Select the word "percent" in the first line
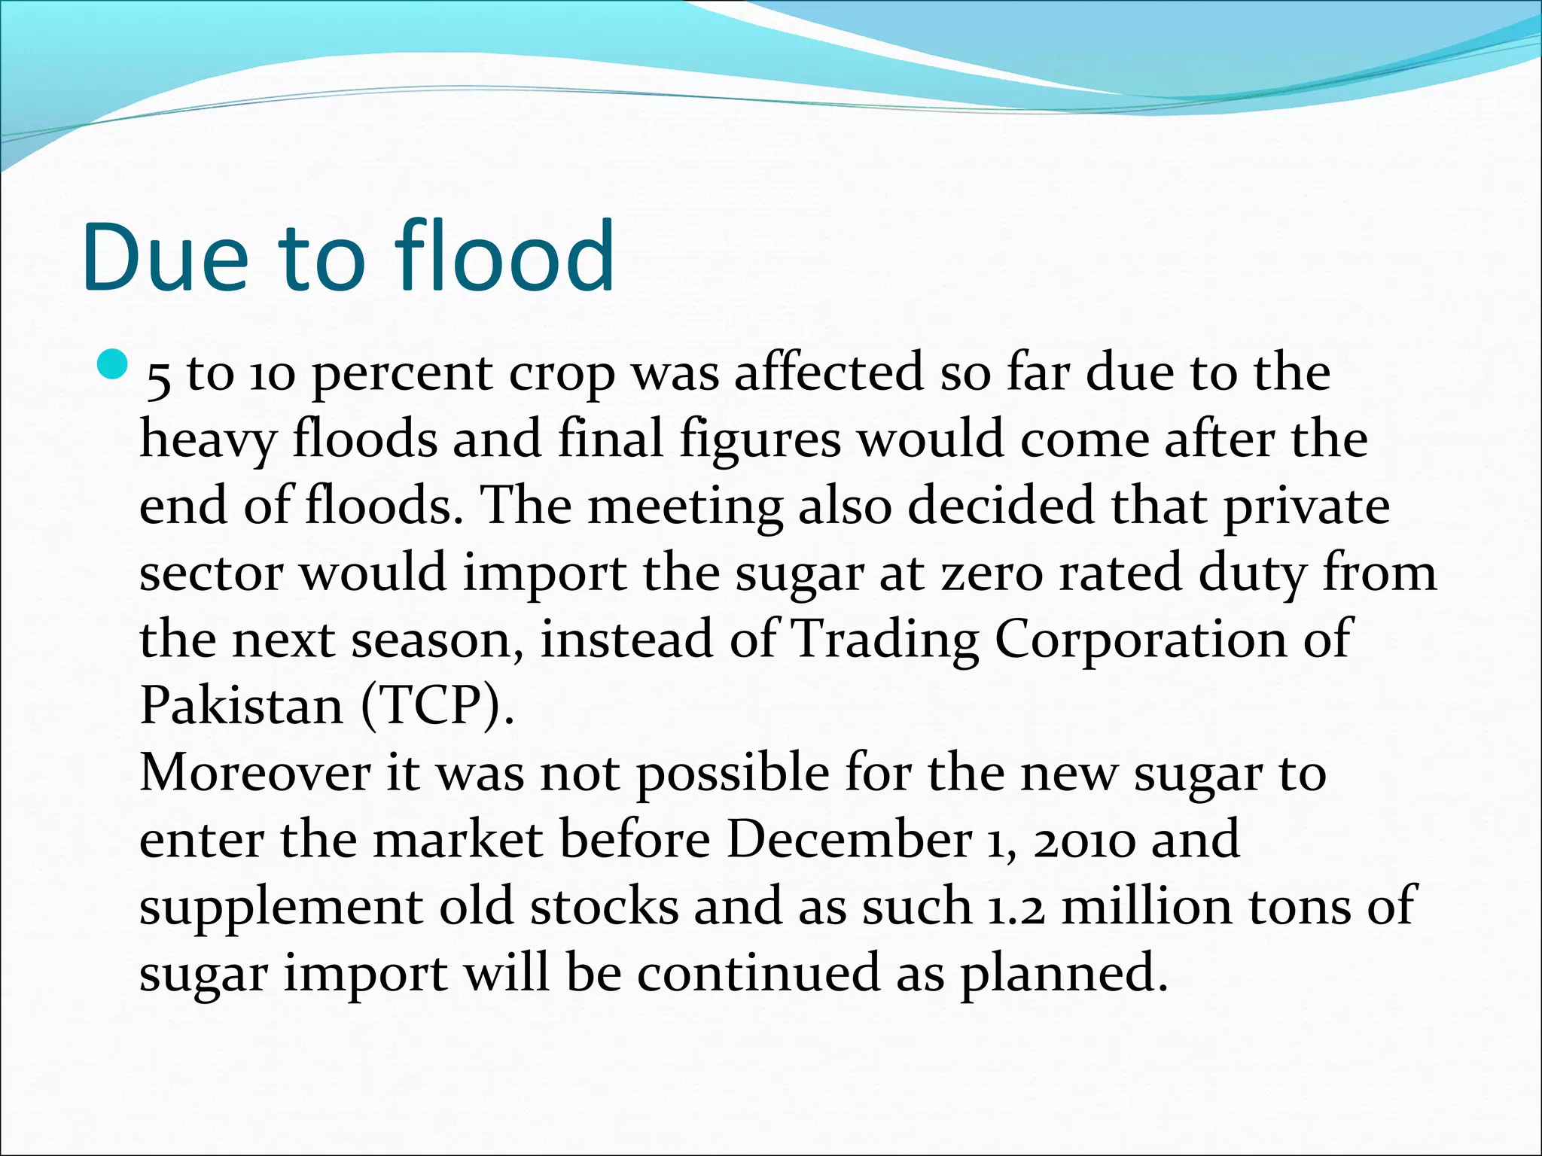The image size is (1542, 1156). (x=402, y=374)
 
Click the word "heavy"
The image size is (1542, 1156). (x=208, y=440)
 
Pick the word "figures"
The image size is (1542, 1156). (x=760, y=440)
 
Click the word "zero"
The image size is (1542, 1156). (x=993, y=573)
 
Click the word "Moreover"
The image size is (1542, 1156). (x=254, y=773)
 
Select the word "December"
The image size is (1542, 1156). (x=849, y=840)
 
